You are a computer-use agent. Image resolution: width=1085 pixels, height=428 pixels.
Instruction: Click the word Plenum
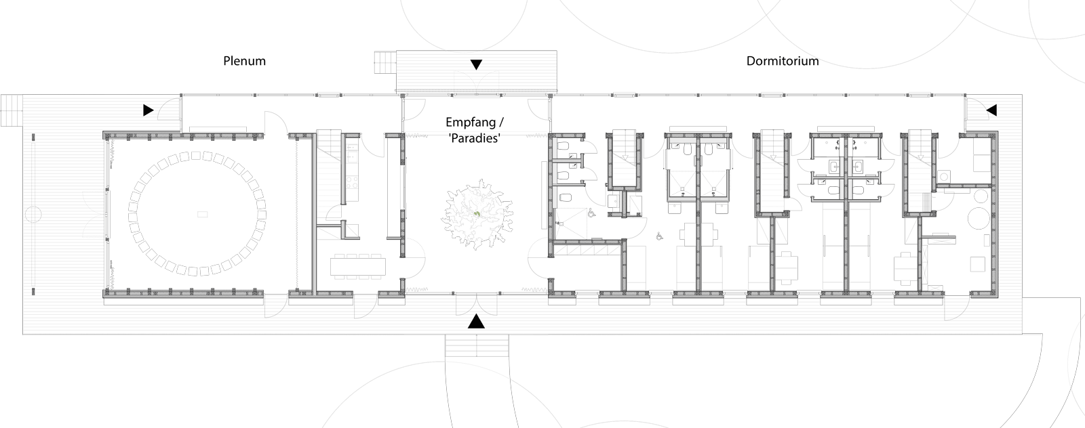pos(244,61)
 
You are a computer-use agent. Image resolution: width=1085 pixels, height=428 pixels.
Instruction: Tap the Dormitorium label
pos(783,61)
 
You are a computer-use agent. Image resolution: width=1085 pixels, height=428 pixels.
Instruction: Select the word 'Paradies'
pos(474,138)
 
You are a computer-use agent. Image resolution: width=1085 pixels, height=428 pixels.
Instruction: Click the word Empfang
pos(468,122)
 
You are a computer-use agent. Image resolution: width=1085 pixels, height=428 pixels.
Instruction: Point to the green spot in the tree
pos(477,214)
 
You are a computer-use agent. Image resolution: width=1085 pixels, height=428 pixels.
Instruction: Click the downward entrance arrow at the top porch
pos(476,64)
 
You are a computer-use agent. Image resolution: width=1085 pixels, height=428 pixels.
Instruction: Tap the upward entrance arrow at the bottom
pos(476,322)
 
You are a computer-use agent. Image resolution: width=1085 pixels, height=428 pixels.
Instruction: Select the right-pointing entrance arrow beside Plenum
pos(149,110)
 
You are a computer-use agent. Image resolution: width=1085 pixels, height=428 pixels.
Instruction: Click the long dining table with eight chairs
pos(359,266)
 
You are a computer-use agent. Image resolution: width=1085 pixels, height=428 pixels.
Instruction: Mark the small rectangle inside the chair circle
pos(203,214)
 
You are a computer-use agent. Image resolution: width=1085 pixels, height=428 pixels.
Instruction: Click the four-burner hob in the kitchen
pos(352,182)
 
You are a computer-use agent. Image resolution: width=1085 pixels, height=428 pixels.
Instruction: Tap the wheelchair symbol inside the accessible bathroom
pos(591,212)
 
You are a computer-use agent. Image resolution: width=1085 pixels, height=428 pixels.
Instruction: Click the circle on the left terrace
pos(34,215)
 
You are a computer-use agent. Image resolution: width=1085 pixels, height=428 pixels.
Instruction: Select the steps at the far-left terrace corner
pos(12,110)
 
